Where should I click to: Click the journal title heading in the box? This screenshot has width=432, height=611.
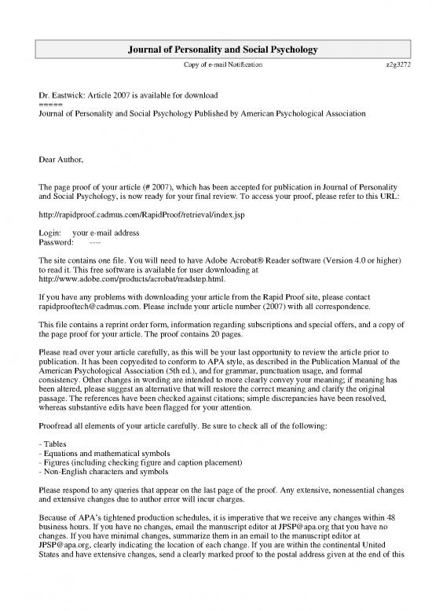point(216,50)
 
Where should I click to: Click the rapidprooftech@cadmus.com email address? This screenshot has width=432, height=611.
point(90,309)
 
